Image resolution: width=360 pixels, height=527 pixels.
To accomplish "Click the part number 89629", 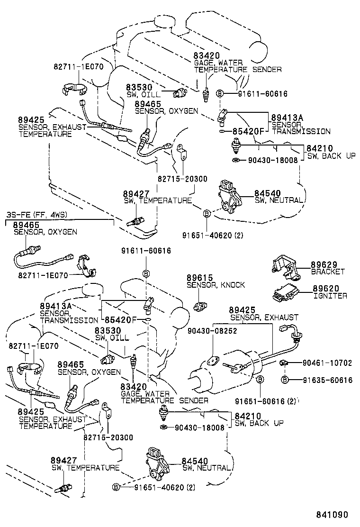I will (x=323, y=264).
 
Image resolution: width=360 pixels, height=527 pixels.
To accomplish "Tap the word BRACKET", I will (x=328, y=272).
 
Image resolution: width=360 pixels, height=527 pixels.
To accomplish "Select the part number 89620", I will (x=323, y=288).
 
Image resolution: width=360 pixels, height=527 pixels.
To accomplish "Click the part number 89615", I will (x=199, y=277).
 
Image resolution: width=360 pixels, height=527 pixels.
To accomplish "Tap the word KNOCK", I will (x=234, y=285).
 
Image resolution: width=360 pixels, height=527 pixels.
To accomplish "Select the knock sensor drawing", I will (x=200, y=306).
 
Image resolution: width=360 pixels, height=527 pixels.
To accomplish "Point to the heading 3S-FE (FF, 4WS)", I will (x=37, y=215).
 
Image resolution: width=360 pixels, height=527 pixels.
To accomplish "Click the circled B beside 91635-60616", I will (x=285, y=380).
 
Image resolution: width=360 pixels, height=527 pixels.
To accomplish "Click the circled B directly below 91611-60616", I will (x=147, y=273).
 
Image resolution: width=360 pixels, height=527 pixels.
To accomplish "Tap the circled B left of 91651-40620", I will (x=115, y=487).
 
